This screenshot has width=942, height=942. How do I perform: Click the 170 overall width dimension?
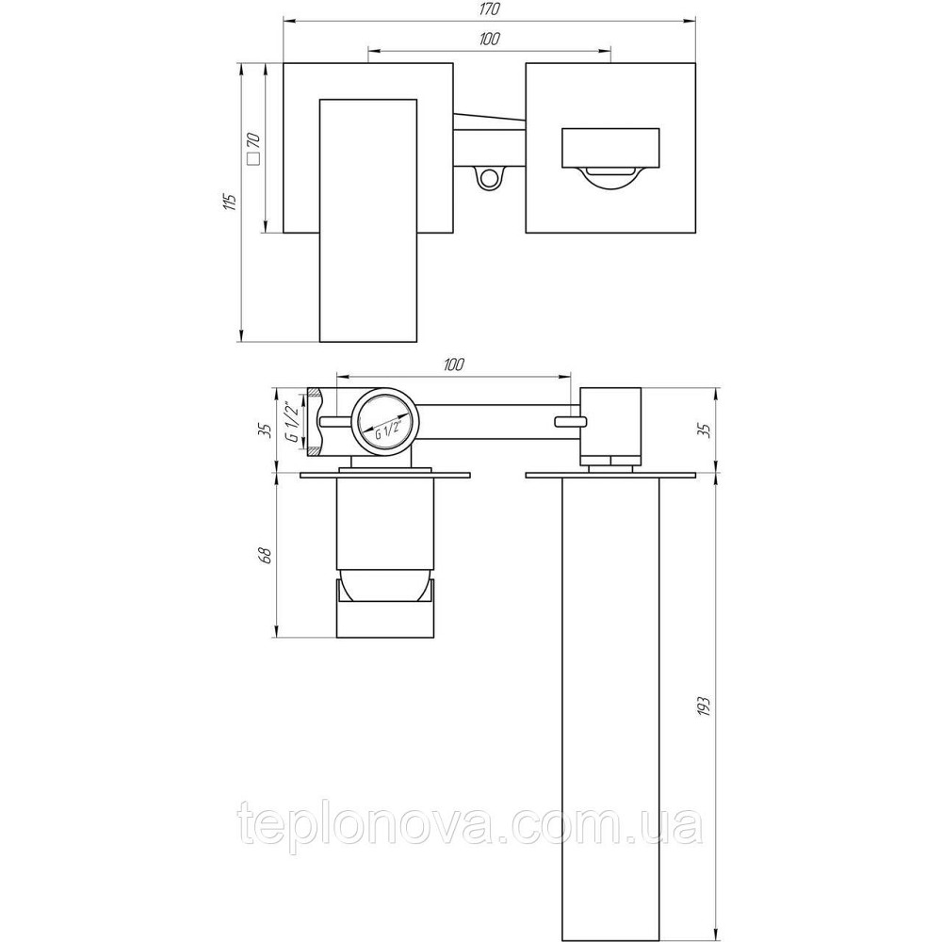[x=488, y=9]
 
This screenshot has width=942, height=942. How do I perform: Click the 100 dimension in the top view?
[x=488, y=39]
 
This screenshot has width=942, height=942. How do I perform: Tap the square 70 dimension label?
[x=252, y=148]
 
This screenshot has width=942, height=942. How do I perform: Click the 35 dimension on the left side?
[x=265, y=429]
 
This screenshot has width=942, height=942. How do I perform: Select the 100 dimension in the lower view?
[x=453, y=364]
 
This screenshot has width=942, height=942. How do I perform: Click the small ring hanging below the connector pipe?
[x=487, y=178]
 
